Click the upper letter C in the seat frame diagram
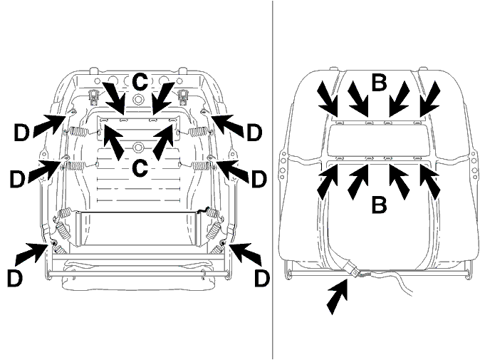click(x=140, y=82)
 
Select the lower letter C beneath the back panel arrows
click(x=140, y=168)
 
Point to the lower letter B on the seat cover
click(x=379, y=205)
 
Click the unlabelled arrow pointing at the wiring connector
click(x=338, y=296)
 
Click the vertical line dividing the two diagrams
click(x=273, y=180)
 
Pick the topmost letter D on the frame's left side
click(x=21, y=133)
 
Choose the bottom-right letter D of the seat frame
click(x=262, y=278)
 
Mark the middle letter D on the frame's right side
click(x=259, y=179)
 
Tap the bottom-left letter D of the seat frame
click(x=15, y=278)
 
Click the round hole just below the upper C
click(x=138, y=98)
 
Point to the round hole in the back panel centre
click(x=138, y=148)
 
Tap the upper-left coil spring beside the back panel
click(x=77, y=132)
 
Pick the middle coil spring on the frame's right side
click(x=201, y=165)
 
